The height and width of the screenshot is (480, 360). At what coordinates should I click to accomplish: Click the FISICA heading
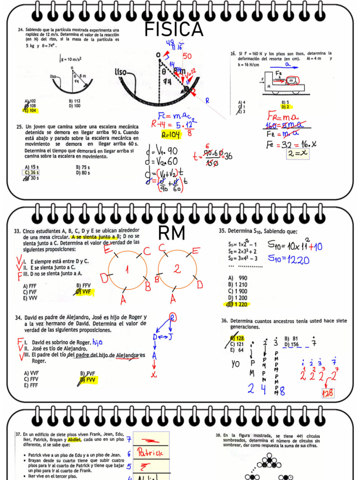pos(174,30)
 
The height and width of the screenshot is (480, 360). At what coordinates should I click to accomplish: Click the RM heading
pos(172,233)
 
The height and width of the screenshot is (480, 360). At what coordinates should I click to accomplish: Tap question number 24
pos(21,30)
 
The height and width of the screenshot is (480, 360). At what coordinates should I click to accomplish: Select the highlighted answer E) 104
pos(31,111)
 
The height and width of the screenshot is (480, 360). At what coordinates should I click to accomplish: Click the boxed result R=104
pos(171,135)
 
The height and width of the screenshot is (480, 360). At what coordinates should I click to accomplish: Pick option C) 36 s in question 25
pos(32,172)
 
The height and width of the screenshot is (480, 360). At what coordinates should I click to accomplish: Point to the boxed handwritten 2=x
pos(298,152)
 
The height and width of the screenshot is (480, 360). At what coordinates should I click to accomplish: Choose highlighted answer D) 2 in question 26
pos(285,106)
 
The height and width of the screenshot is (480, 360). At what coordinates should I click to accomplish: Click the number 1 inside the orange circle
pos(127,270)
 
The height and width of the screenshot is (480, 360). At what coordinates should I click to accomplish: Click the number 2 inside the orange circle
pos(177,269)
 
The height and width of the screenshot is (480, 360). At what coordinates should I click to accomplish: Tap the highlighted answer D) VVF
pos(84,292)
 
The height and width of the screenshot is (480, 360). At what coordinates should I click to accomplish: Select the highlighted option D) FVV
pos(88,380)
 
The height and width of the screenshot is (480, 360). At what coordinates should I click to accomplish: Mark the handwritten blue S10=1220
pos(288,259)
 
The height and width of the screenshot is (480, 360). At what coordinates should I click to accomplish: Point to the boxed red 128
pos(328,393)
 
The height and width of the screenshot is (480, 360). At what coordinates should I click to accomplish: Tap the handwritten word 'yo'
pos(236,364)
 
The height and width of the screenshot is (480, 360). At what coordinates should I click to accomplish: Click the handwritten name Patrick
pos(150,452)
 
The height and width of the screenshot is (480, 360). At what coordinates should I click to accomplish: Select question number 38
pos(218,435)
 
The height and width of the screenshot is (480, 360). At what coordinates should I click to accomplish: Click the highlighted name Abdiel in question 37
pos(74,439)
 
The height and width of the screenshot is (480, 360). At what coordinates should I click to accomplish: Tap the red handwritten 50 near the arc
pos(187,56)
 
